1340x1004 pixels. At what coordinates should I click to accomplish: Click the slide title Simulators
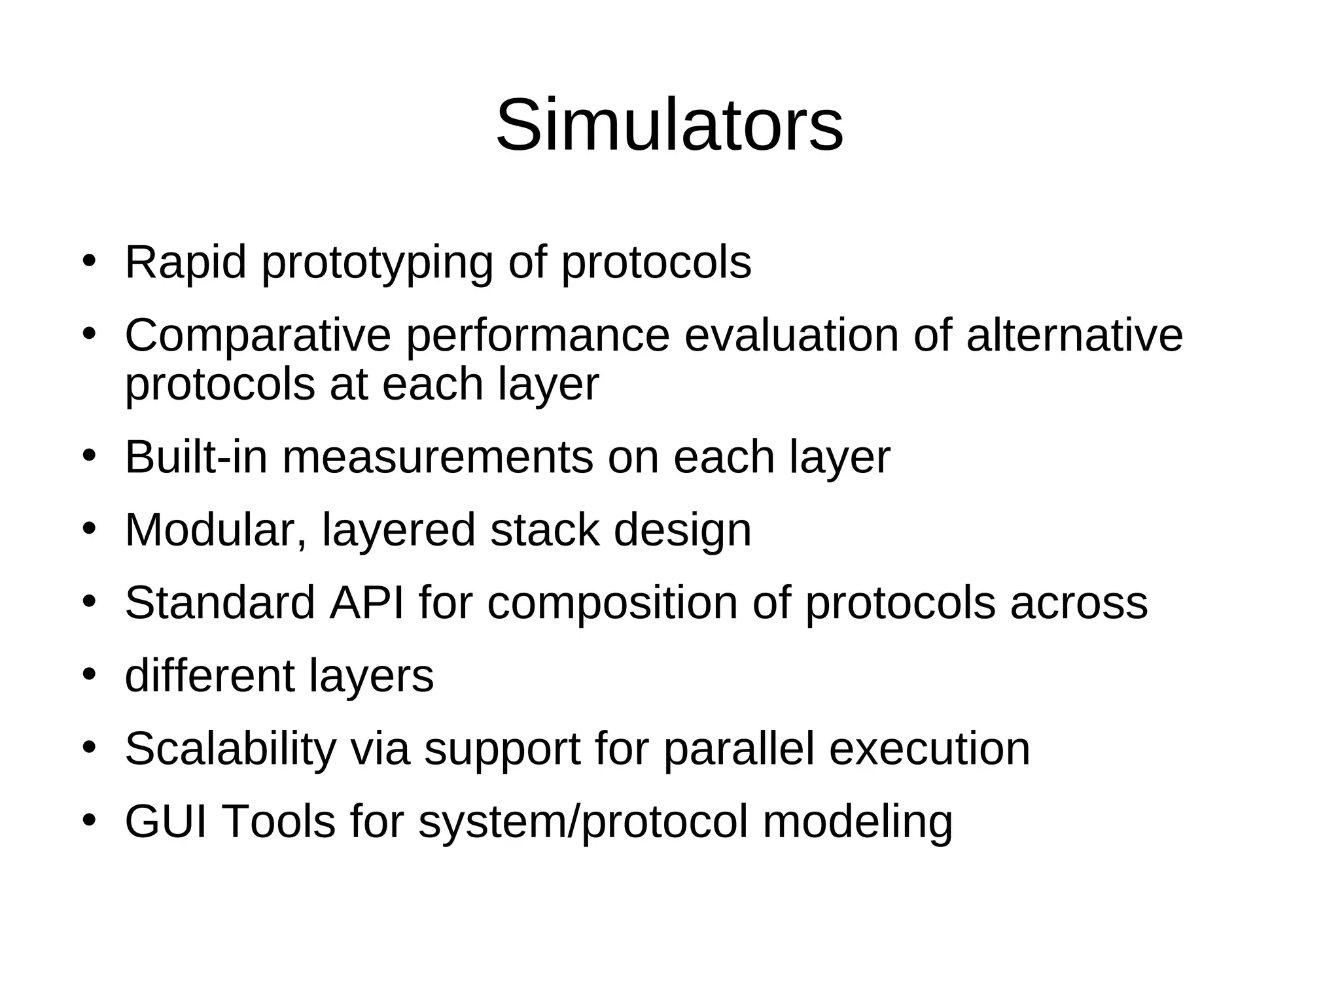tap(669, 125)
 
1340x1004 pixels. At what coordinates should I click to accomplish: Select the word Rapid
tap(186, 263)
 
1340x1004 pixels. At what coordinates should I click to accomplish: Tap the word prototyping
tap(377, 264)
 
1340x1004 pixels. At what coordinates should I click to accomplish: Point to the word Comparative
tap(258, 336)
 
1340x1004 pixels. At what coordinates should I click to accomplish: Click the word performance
tap(538, 336)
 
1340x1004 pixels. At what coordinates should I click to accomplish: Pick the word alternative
tap(1074, 335)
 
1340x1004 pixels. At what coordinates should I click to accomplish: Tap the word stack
tap(544, 530)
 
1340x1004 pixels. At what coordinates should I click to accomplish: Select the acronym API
tap(366, 602)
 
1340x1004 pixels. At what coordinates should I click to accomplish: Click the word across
tap(1078, 604)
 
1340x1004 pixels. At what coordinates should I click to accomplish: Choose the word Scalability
tap(230, 749)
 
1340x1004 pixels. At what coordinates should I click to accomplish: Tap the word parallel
tap(739, 749)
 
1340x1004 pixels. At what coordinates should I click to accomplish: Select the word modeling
tap(857, 823)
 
